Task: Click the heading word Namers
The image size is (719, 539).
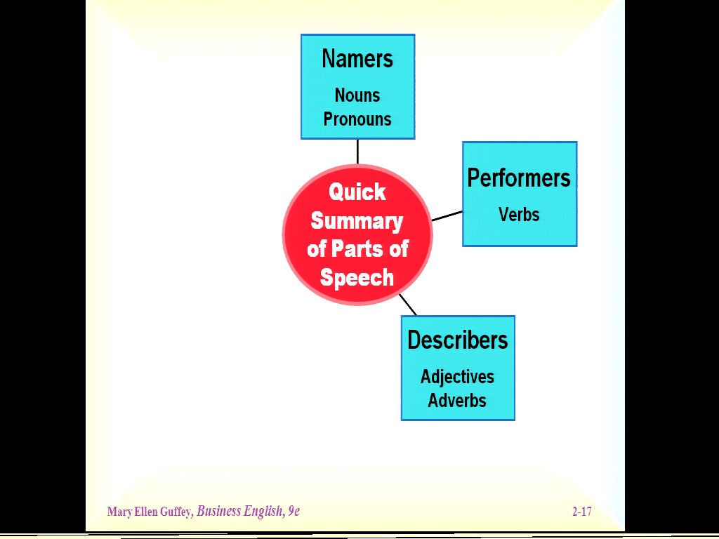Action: click(357, 59)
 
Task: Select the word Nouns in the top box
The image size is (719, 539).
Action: click(357, 95)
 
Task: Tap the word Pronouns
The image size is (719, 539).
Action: click(357, 119)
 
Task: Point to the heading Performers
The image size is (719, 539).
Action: click(519, 178)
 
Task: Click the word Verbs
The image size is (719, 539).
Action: click(519, 215)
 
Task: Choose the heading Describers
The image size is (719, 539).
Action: click(458, 340)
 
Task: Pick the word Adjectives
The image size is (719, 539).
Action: click(458, 377)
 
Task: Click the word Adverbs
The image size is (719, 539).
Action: click(458, 401)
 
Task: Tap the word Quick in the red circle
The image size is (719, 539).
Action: click(357, 192)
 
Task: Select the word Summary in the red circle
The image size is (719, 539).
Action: click(357, 221)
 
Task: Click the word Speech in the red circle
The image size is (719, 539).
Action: click(357, 278)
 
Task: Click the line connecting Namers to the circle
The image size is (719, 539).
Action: click(357, 152)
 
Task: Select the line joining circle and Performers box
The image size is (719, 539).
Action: click(447, 215)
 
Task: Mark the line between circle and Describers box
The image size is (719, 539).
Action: click(408, 305)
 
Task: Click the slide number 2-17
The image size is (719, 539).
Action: click(581, 512)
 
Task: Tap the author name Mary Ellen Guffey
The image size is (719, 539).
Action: click(149, 512)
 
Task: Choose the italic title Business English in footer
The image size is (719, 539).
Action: click(239, 512)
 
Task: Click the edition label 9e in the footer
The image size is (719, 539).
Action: click(293, 512)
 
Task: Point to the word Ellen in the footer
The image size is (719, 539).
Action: click(145, 512)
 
